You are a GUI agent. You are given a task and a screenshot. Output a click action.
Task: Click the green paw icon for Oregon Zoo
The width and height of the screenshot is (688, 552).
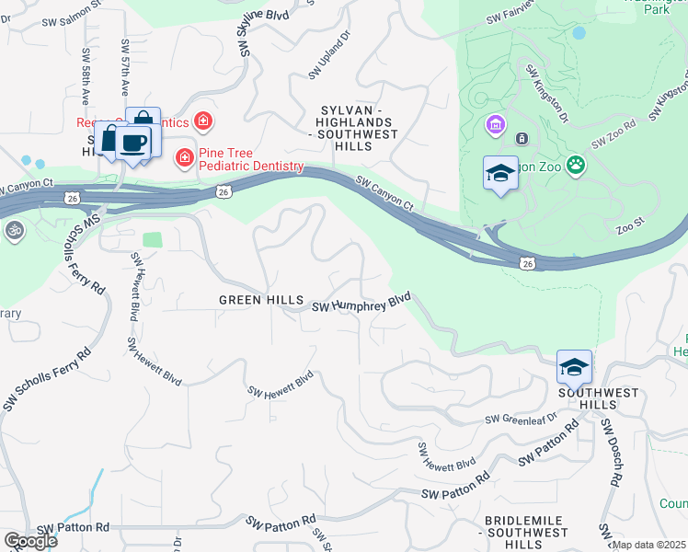pos(576,166)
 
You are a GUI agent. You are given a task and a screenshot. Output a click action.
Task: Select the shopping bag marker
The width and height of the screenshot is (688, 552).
pos(143,121)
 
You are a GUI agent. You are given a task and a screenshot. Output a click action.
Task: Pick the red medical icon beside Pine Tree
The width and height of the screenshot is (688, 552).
pos(185,158)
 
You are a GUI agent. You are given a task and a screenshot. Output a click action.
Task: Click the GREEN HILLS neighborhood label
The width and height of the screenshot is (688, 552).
pos(259,300)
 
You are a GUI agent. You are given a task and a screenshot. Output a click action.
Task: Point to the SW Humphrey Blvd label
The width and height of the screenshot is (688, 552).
pos(361,304)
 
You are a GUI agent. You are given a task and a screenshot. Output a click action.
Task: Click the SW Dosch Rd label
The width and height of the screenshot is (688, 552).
pos(611,453)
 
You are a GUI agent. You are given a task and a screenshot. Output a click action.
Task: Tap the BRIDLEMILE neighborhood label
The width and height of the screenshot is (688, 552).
pos(526,521)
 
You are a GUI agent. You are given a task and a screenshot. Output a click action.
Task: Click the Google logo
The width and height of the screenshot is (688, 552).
pos(30,541)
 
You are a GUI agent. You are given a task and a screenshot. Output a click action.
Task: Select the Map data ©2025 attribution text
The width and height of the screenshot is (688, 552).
pos(648,545)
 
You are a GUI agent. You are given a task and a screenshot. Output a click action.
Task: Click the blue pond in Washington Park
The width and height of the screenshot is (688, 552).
pos(579,33)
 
